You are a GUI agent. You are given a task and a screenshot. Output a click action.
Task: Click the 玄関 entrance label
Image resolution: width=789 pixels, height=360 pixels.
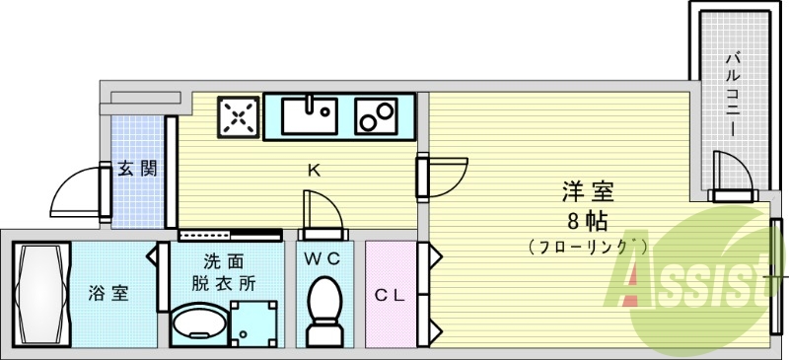point(137,169)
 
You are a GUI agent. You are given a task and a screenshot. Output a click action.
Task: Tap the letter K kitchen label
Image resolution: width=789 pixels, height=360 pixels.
point(313,171)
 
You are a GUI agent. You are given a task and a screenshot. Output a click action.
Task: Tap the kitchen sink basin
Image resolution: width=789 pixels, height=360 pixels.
point(310,115)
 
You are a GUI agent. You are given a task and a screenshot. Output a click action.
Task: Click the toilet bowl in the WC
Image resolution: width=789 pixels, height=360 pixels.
point(322,307)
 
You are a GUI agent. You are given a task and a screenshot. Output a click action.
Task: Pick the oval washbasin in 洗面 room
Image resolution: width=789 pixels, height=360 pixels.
point(197,322)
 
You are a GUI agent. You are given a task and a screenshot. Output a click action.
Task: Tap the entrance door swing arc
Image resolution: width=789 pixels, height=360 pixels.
point(73,193)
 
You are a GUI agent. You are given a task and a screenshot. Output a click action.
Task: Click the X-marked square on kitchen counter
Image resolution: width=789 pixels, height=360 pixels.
point(238,117)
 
